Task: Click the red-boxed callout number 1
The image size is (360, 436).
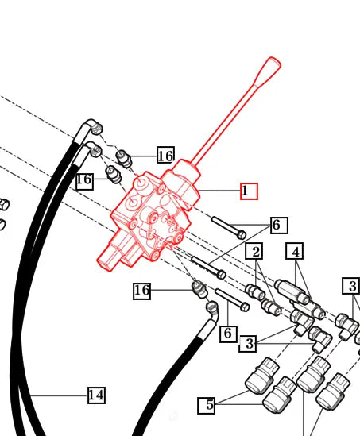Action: [249, 191]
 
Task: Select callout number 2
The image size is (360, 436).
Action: [254, 253]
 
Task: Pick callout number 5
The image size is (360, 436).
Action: [209, 405]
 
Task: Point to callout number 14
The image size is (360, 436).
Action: [96, 395]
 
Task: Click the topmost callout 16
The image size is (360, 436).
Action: [165, 156]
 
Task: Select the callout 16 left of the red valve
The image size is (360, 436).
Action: [84, 180]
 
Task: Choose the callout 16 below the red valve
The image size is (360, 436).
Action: [141, 291]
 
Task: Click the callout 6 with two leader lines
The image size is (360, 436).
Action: [276, 226]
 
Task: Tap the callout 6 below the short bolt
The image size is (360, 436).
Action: [227, 333]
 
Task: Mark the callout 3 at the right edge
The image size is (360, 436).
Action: [352, 286]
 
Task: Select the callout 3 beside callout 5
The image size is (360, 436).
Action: [250, 344]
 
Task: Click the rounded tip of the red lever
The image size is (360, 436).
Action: [273, 63]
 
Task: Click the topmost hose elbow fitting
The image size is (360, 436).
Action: [94, 126]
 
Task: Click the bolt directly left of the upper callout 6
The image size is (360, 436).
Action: [230, 227]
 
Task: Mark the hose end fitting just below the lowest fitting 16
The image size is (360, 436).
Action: [211, 309]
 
